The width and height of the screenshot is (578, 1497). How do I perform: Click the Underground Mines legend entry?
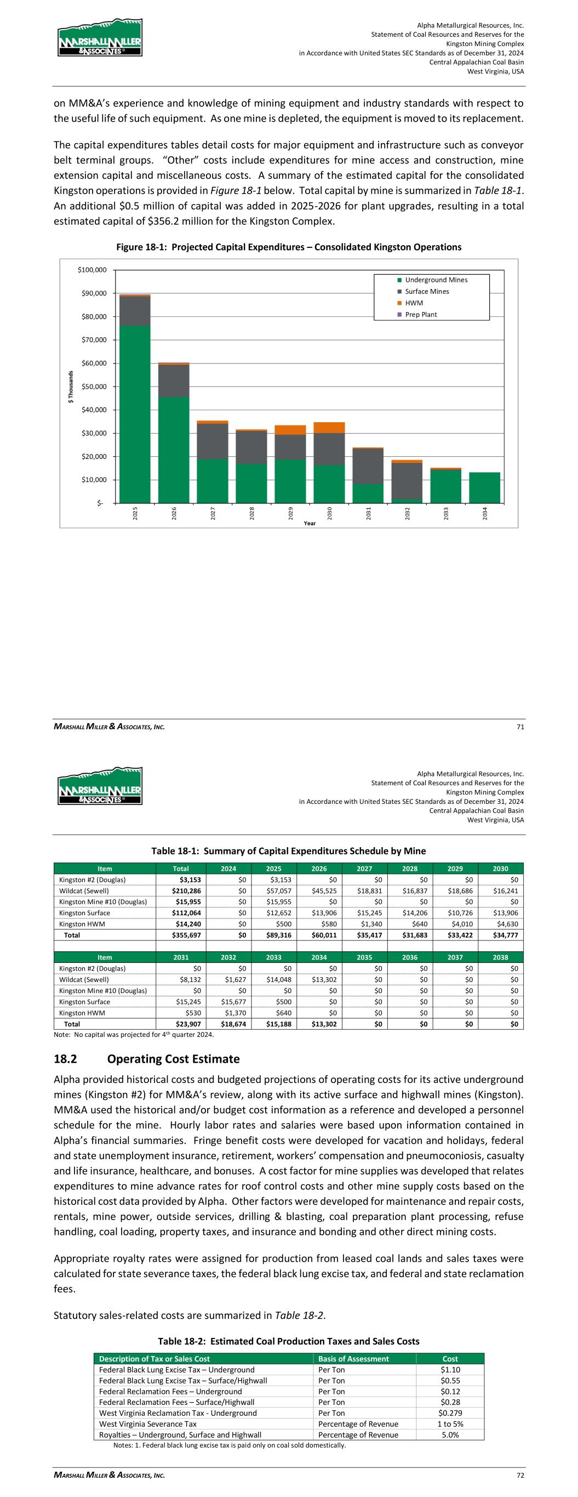[436, 280]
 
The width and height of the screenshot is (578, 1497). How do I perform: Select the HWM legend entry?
[414, 303]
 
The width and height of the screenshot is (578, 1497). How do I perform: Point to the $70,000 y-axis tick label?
[93, 340]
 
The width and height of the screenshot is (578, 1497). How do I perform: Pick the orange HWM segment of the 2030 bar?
[329, 428]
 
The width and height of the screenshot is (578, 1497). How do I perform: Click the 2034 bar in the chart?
[484, 487]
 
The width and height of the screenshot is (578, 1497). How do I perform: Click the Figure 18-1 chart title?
[289, 247]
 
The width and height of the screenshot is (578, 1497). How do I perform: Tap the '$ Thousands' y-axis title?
[71, 387]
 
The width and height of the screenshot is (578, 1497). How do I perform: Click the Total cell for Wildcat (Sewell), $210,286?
[186, 891]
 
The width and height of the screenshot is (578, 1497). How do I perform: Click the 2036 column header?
[410, 957]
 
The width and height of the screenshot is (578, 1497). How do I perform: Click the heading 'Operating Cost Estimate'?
[173, 1059]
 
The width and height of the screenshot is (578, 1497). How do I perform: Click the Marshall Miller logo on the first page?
[99, 38]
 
